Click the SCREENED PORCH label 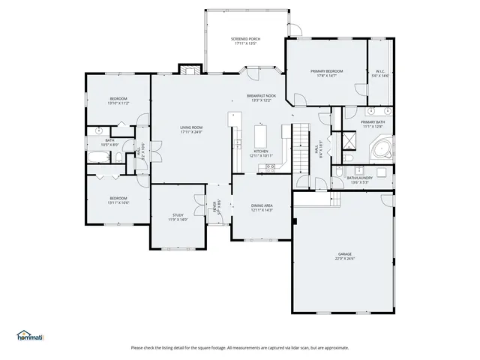245,38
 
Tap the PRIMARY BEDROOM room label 326,71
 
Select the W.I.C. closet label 381,71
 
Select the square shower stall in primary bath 349,142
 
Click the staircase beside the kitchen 300,139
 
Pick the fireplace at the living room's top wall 189,70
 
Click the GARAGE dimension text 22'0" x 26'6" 344,259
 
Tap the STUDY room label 178,214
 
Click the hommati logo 30,335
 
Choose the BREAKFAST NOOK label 261,96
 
